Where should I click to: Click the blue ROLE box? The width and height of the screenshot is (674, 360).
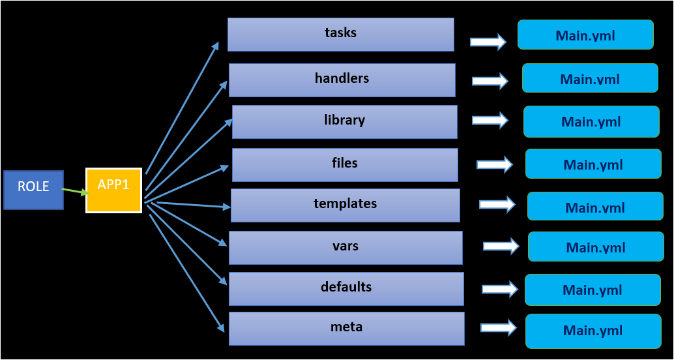(33, 190)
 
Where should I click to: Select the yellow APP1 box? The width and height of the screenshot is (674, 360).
(114, 190)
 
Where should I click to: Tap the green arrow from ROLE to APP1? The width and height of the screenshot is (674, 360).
(75, 191)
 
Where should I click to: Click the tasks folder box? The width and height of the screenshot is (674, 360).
(341, 35)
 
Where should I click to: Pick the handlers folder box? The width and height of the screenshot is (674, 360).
(342, 80)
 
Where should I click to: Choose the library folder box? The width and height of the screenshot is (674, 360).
(345, 122)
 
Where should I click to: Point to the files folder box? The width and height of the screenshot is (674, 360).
(345, 165)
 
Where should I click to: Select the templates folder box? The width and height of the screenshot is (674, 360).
(345, 205)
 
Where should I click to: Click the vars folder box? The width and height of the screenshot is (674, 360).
(345, 248)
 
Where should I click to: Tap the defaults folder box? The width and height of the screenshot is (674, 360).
(346, 289)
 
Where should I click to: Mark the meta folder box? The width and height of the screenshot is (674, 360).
(347, 329)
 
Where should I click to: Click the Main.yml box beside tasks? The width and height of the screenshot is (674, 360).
(585, 35)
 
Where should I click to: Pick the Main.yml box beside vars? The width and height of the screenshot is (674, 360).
(596, 247)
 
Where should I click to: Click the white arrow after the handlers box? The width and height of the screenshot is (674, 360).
(490, 81)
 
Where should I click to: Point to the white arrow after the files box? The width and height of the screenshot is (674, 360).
(494, 164)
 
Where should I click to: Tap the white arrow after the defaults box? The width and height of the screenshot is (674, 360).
(500, 289)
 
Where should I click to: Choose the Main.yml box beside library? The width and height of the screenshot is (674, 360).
(591, 121)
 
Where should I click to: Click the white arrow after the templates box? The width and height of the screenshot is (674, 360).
(497, 204)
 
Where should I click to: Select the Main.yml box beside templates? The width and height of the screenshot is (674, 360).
(595, 206)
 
